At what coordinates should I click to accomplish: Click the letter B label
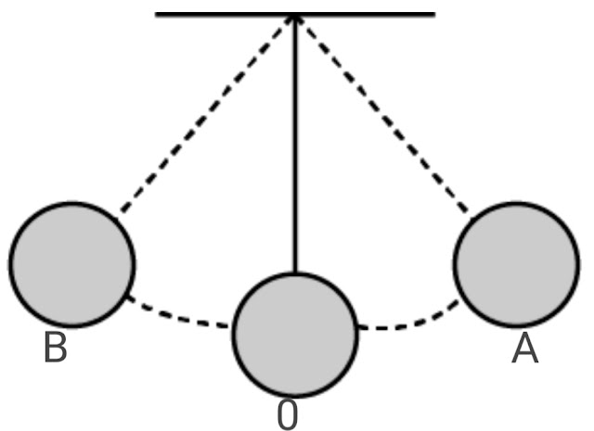[56, 347]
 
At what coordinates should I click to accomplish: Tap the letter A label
[524, 349]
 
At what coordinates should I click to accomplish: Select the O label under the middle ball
[288, 414]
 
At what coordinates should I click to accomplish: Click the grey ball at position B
[71, 264]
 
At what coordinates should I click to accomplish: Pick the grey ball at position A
[517, 264]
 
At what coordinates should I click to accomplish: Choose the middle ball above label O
[295, 335]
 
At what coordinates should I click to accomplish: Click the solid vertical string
[295, 144]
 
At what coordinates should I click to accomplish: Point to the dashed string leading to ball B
[206, 114]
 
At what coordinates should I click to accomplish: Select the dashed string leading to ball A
[382, 114]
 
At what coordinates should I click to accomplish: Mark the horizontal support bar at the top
[295, 15]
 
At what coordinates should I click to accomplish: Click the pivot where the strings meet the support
[295, 16]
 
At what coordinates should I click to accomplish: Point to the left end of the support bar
[156, 15]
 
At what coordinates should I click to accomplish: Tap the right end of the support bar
[435, 15]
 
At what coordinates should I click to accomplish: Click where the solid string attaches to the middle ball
[295, 273]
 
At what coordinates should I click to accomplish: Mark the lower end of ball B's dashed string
[122, 211]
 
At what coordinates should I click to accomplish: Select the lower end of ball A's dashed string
[468, 211]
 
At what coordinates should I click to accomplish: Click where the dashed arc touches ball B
[128, 297]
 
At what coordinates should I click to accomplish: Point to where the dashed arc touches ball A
[458, 300]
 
